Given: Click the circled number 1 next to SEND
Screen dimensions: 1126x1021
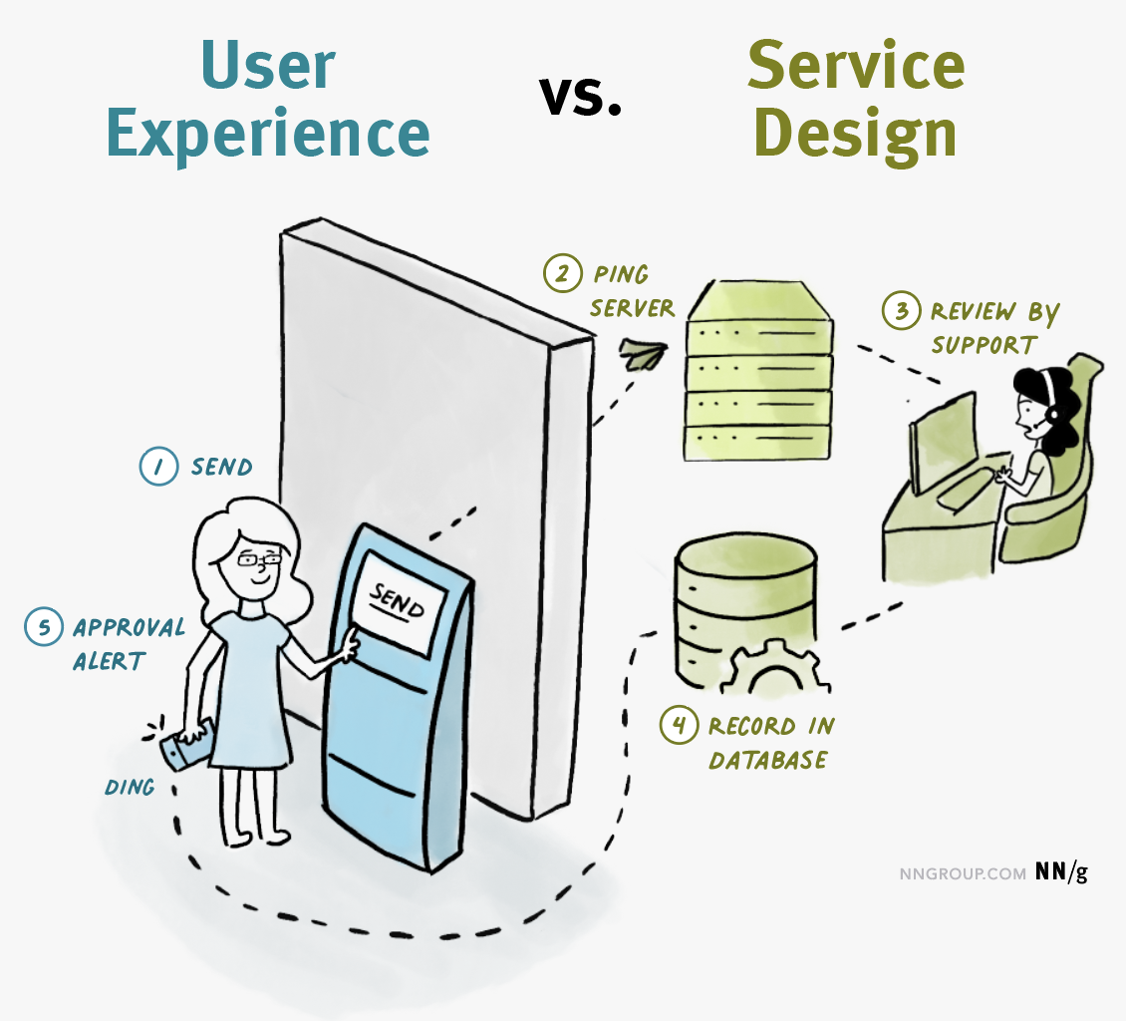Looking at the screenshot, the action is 158,467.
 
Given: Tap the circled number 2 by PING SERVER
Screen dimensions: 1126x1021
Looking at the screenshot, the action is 562,274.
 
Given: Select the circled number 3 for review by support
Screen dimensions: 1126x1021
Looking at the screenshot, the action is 901,311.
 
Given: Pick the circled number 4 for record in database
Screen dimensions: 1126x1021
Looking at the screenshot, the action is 679,724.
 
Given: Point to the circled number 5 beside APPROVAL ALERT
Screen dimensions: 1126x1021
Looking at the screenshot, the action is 44,626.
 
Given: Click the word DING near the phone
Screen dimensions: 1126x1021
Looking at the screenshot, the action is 130,787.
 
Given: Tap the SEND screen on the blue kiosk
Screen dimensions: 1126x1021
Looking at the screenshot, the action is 399,602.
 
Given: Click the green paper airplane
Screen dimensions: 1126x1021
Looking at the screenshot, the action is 643,354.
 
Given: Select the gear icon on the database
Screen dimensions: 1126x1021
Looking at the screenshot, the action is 775,668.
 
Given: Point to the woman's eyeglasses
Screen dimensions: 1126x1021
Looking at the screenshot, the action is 259,559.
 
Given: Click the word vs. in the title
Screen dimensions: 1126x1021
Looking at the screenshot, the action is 580,97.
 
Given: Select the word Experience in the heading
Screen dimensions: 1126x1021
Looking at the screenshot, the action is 268,135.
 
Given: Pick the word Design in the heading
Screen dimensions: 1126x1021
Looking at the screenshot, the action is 855,135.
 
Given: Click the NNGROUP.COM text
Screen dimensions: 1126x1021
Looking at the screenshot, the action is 963,873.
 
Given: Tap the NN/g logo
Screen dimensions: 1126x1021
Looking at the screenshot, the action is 1061,872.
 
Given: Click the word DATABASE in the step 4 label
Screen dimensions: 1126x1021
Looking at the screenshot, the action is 767,760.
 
